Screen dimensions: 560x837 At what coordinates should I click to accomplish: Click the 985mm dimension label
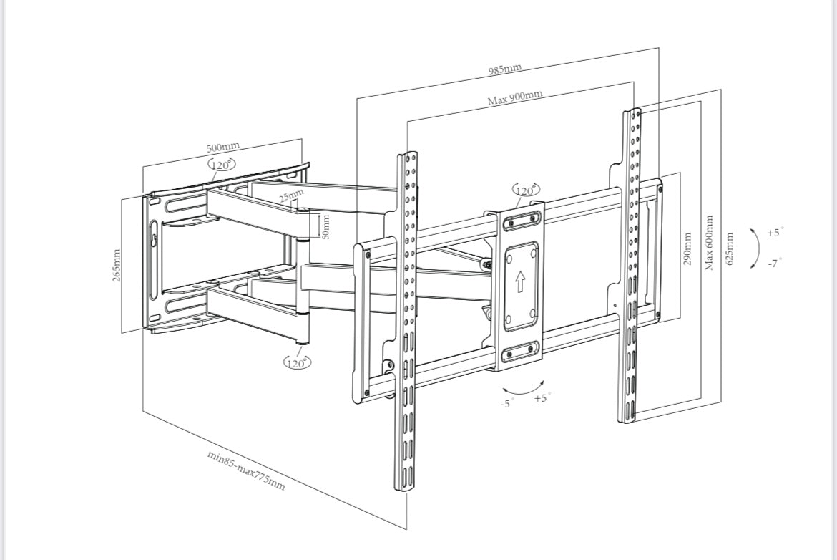(505, 69)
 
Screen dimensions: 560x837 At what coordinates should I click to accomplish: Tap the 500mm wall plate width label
(223, 148)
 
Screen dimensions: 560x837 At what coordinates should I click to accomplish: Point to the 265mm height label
(117, 264)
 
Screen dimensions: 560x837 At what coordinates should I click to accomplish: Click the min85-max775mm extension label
(246, 470)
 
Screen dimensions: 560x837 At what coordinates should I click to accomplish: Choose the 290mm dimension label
(687, 248)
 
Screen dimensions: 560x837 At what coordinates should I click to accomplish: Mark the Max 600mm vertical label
(709, 243)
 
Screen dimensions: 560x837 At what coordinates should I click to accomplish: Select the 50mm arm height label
(325, 227)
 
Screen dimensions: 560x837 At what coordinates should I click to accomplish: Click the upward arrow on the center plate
(520, 281)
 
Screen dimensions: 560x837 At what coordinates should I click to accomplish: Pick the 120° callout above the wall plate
(222, 165)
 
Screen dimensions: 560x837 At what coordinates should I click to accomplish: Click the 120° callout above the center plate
(527, 190)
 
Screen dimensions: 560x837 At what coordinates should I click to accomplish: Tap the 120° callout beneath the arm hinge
(297, 362)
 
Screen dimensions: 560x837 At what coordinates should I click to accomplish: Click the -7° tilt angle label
(774, 263)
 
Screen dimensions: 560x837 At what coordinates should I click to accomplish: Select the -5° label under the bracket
(506, 404)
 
